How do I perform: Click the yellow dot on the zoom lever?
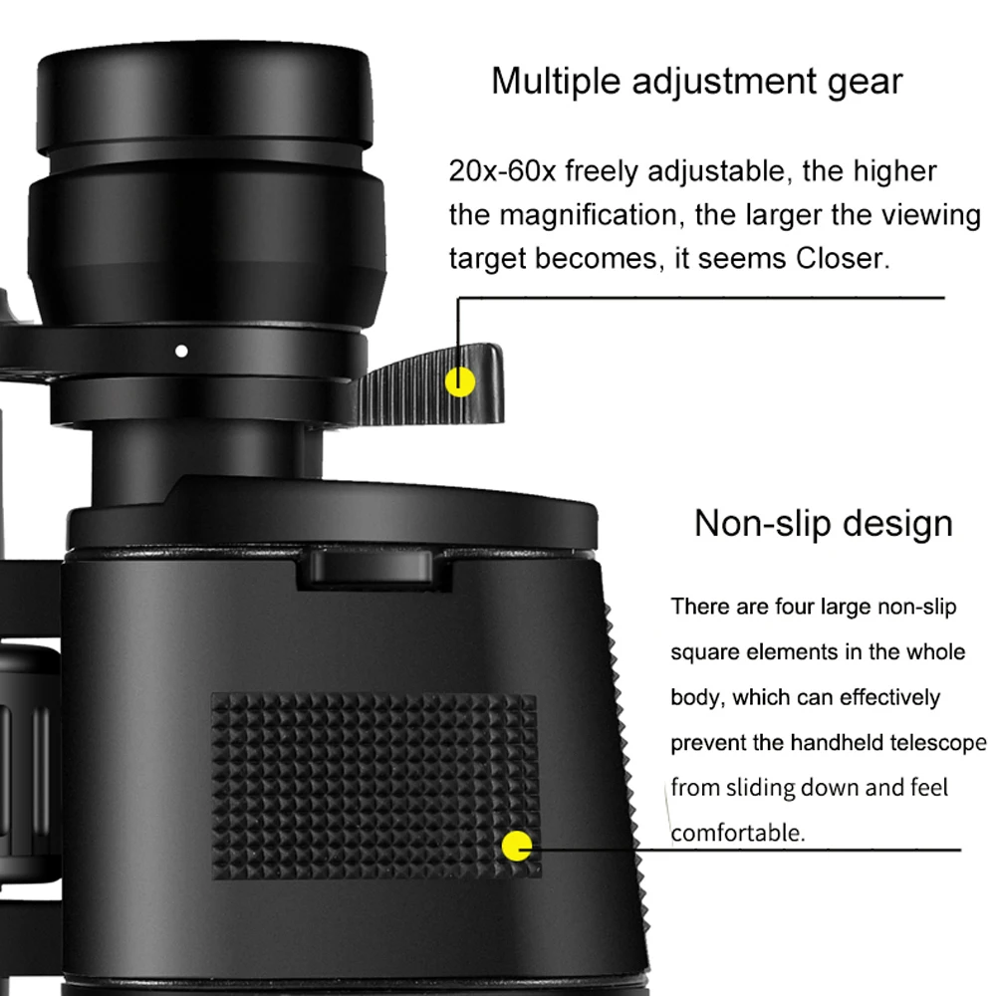[460, 381]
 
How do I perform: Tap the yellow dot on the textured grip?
[517, 848]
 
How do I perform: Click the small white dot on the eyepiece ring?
[181, 351]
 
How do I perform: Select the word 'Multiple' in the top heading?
[550, 82]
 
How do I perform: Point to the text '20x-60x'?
[502, 171]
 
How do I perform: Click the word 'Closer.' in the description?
[841, 259]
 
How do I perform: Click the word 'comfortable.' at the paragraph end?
[737, 833]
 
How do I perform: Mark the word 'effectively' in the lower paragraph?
[885, 697]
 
